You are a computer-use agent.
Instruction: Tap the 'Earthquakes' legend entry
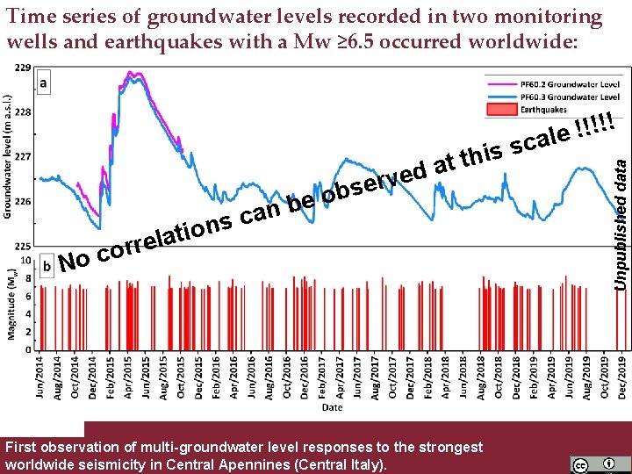click(x=544, y=110)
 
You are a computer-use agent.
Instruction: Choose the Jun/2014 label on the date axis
click(x=39, y=375)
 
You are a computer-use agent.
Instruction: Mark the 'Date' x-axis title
click(x=332, y=407)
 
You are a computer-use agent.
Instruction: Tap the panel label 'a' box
click(x=44, y=82)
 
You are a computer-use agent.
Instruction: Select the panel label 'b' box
click(x=47, y=262)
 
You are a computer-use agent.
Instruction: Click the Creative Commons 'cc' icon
click(x=581, y=463)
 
